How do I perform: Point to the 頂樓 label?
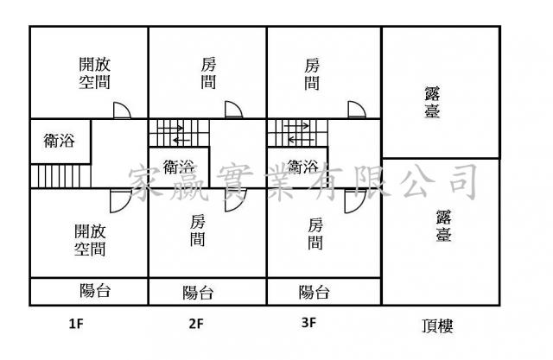coord(438,325)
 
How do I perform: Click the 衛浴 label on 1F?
coord(59,141)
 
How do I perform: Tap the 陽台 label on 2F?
coord(198,292)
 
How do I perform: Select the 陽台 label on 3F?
coord(314,292)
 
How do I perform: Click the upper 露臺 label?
coord(439,102)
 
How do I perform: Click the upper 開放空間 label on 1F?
coord(94,73)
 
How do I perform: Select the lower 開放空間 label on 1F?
coord(91,240)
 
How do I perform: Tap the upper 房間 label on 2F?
coord(208,73)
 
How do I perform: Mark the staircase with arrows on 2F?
coord(180,134)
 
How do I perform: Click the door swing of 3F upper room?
coord(356,109)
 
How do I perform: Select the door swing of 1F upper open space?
coord(122,110)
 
